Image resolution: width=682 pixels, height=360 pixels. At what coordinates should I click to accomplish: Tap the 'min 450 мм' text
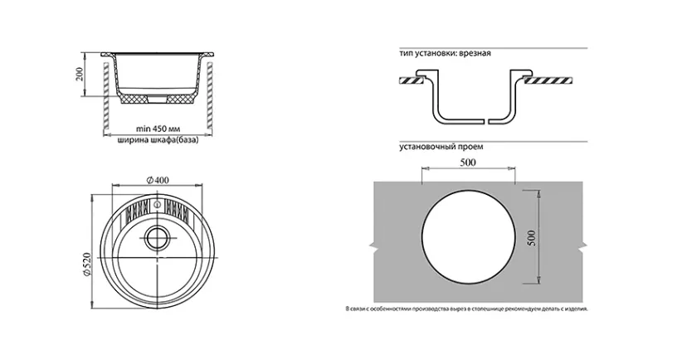(x=158, y=129)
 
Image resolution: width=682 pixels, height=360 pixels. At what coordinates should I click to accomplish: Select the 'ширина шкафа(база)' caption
(x=158, y=140)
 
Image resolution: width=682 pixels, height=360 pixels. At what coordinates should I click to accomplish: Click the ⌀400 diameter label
(x=158, y=180)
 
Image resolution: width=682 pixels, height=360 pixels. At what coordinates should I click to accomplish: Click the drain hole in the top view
(x=156, y=238)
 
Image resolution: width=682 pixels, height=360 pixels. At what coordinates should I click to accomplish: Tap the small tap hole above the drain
(x=156, y=203)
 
